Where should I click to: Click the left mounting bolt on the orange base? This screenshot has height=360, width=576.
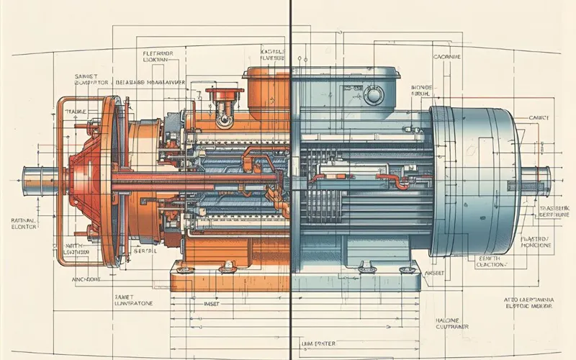coord(186,271)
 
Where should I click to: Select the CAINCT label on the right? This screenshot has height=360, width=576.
coord(539,117)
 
